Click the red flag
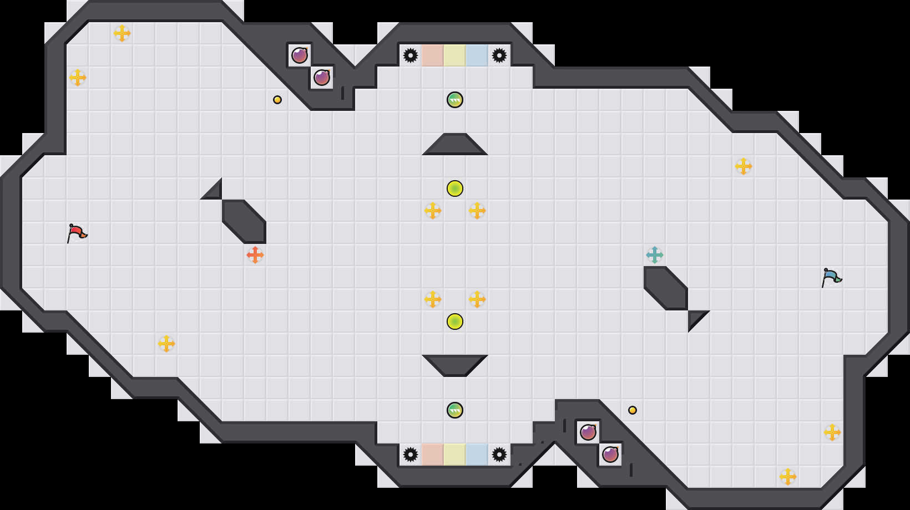(x=77, y=233)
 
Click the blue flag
(x=831, y=277)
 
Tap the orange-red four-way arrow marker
(x=255, y=255)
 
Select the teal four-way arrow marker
(x=655, y=255)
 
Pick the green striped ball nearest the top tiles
(x=455, y=100)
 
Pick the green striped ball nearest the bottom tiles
(x=455, y=410)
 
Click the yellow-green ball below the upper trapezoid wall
(x=455, y=188)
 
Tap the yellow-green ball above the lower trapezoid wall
(x=455, y=322)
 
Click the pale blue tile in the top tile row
(x=477, y=55)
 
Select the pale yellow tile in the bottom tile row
(x=455, y=455)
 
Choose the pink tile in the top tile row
(x=433, y=55)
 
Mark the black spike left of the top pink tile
(x=411, y=55)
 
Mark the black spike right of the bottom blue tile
(x=499, y=455)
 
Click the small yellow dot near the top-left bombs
(x=277, y=100)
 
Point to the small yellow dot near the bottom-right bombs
(x=633, y=410)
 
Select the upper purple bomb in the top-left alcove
(x=300, y=55)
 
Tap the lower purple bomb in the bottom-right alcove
(x=610, y=455)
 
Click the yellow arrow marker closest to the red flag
(x=166, y=344)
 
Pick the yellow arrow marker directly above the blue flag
(x=744, y=166)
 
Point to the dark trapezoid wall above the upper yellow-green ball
(x=455, y=145)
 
